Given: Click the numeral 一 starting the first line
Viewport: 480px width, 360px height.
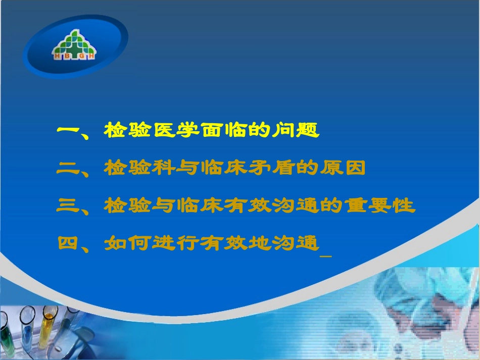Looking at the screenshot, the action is coord(68,129).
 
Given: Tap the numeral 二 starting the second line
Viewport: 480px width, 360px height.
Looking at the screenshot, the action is coord(68,168).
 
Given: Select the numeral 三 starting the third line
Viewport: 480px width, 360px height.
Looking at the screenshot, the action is coord(68,205).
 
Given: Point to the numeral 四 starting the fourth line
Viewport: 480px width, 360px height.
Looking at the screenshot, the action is coord(68,243).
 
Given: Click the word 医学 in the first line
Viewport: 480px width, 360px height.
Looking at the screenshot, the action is coord(176,130).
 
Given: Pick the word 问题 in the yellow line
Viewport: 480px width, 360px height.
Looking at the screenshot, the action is coord(296,130).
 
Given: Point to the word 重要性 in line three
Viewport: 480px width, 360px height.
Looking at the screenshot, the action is coord(380,205).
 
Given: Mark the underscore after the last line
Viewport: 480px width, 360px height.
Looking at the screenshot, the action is coord(326,256).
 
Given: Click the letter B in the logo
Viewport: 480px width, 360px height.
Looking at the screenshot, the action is coord(67,56).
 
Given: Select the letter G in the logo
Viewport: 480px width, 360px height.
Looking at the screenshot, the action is coord(81,56).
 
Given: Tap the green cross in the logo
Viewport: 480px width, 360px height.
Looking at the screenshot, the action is coord(74,48).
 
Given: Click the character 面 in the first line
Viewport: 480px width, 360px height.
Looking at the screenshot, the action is coord(212,130).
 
